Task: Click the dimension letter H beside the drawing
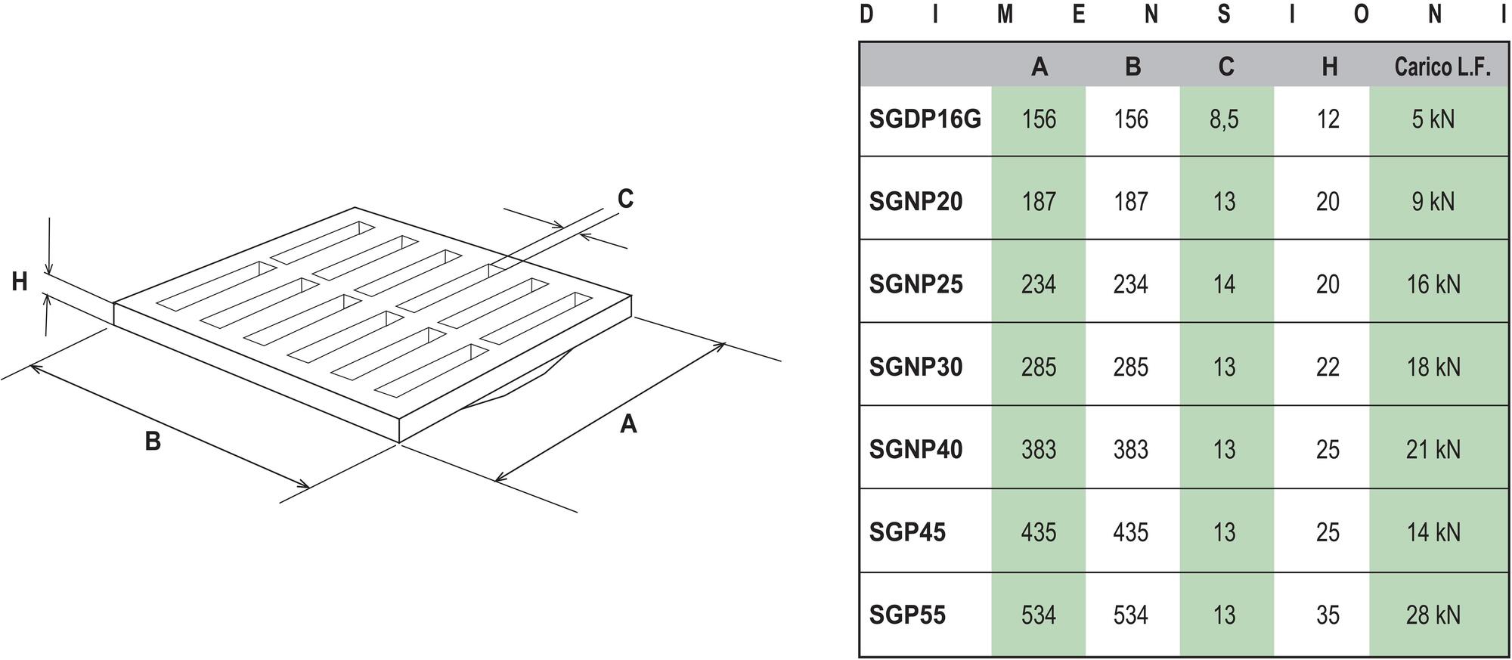pyautogui.click(x=20, y=282)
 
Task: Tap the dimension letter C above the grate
pyautogui.click(x=625, y=199)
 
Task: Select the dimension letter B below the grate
pyautogui.click(x=153, y=441)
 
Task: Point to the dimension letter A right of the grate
pyautogui.click(x=628, y=424)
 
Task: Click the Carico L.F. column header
pyautogui.click(x=1442, y=67)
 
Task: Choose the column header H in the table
pyautogui.click(x=1329, y=67)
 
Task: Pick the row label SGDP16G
pyautogui.click(x=925, y=119)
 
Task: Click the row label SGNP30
pyautogui.click(x=916, y=367)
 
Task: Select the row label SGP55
pyautogui.click(x=907, y=615)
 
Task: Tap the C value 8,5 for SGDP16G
pyautogui.click(x=1224, y=119)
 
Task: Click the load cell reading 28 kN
pyautogui.click(x=1433, y=615)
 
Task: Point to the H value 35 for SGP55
pyautogui.click(x=1328, y=615)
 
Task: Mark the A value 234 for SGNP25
pyautogui.click(x=1039, y=284)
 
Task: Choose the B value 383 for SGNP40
pyautogui.click(x=1131, y=449)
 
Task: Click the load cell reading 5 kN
pyautogui.click(x=1433, y=119)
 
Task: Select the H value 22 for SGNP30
pyautogui.click(x=1328, y=367)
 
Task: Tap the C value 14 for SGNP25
pyautogui.click(x=1224, y=284)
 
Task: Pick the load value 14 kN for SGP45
pyautogui.click(x=1433, y=532)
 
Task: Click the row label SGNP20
pyautogui.click(x=916, y=202)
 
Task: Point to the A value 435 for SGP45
pyautogui.click(x=1039, y=532)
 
